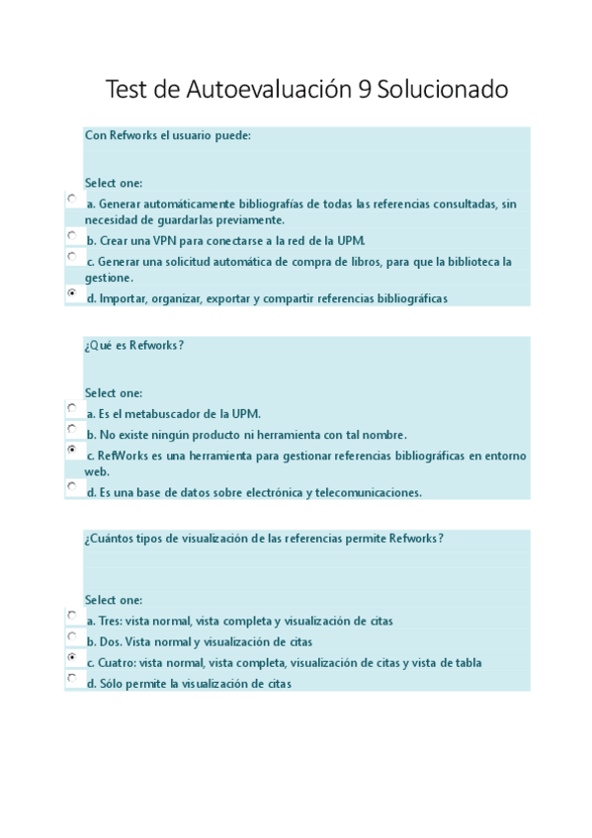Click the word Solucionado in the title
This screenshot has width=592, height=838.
[x=442, y=91]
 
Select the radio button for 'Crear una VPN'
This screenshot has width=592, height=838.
[x=73, y=236]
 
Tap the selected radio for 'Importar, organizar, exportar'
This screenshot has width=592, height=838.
[x=73, y=293]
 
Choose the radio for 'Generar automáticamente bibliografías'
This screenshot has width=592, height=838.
[x=73, y=199]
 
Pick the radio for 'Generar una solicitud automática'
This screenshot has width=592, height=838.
[x=73, y=256]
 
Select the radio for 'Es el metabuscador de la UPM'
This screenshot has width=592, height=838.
[x=73, y=407]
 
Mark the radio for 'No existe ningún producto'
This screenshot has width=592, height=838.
[x=73, y=429]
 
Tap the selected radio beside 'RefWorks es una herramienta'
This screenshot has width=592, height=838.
[x=73, y=450]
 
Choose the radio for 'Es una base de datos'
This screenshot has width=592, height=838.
[x=73, y=486]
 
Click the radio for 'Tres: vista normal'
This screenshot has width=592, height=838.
[x=73, y=615]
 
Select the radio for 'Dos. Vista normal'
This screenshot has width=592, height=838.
[x=73, y=636]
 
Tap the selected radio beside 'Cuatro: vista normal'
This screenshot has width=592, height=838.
[x=73, y=657]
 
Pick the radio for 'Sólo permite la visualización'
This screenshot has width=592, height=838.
[x=73, y=678]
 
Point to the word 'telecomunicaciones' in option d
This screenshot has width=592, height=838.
[x=372, y=492]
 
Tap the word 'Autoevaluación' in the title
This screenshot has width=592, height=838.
[x=268, y=91]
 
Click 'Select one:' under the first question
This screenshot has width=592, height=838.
[x=114, y=183]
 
